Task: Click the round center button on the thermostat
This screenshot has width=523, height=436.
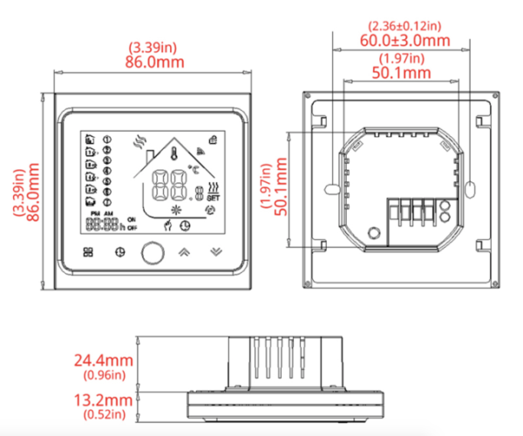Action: tap(153, 252)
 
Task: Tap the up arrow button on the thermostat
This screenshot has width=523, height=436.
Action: tap(184, 252)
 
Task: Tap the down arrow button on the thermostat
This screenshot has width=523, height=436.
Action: tap(215, 252)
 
